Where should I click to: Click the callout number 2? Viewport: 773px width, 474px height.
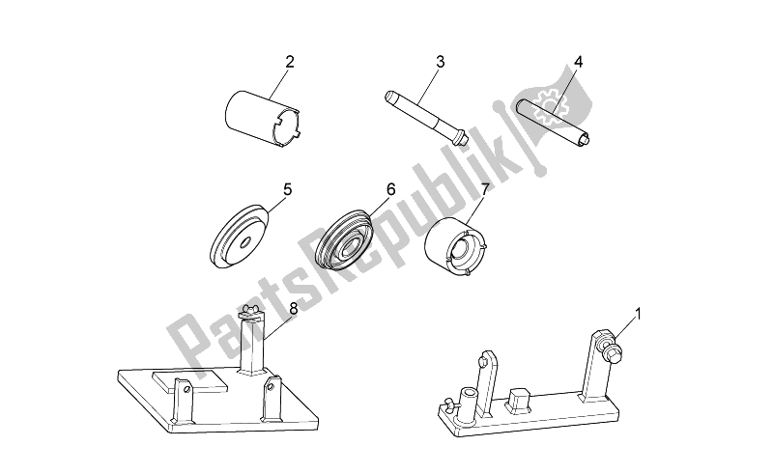(290, 62)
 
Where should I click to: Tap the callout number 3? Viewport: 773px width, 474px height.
(441, 62)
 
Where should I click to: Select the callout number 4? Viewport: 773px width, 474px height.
(578, 62)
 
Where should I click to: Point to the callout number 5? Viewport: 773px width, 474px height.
(287, 189)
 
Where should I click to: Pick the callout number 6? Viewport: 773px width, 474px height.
(391, 189)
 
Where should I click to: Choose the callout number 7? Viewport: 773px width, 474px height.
(485, 189)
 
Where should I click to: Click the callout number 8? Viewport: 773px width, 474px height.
(294, 309)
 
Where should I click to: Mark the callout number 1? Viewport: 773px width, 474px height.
(639, 313)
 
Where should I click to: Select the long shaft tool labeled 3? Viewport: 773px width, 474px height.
(425, 117)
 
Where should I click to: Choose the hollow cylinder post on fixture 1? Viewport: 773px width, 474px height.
(468, 407)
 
